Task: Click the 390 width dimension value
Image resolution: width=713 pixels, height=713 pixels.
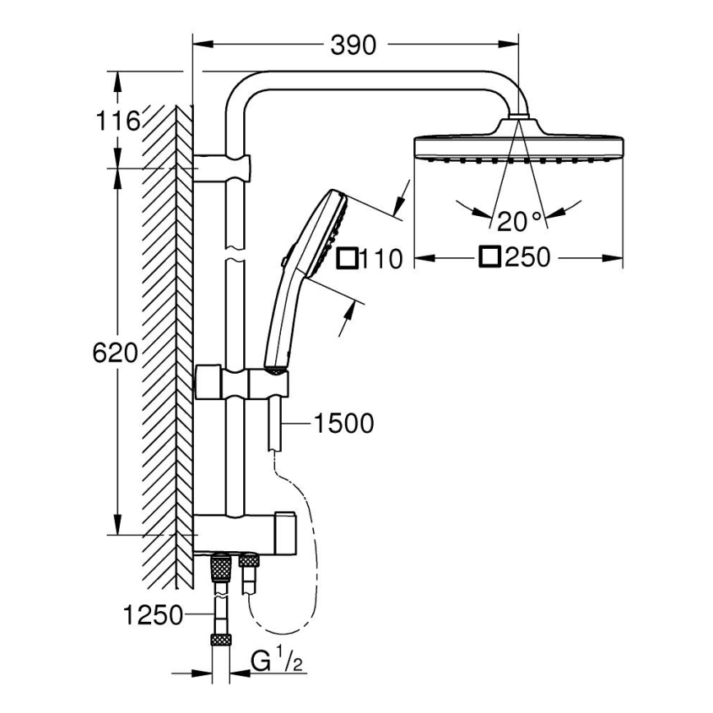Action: click(355, 45)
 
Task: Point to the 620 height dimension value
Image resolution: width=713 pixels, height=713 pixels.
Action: click(115, 353)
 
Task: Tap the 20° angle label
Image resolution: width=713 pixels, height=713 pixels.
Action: click(519, 220)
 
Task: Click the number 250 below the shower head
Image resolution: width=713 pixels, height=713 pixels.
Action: click(527, 258)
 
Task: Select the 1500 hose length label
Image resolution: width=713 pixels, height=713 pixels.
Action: click(343, 424)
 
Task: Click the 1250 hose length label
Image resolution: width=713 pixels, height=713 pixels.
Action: click(154, 614)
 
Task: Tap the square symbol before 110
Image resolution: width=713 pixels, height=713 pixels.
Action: click(347, 259)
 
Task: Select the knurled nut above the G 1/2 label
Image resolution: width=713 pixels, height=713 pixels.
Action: click(219, 640)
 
